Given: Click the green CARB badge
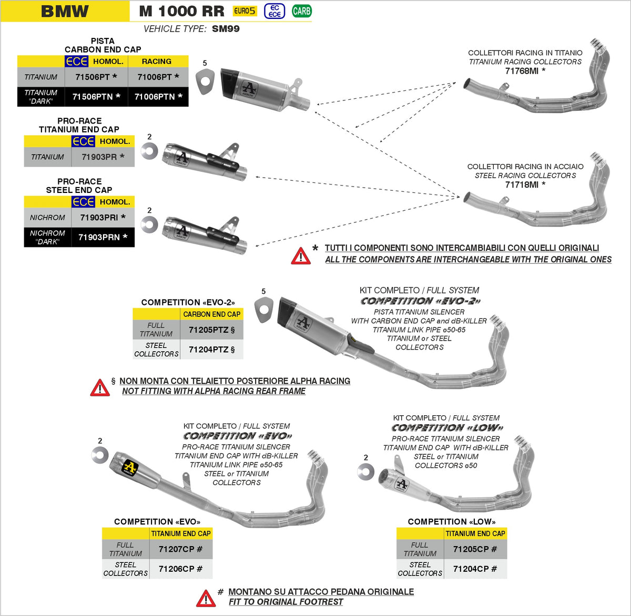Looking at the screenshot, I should coord(301,11).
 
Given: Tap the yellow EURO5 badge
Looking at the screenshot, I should coord(245,11).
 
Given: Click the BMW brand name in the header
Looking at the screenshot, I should coord(65,11).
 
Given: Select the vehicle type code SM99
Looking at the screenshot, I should coord(226,29).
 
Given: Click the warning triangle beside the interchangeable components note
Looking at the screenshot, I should coord(301,256).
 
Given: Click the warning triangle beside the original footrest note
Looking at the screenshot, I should coord(206,599).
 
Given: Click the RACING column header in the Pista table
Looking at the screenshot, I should coord(156,61).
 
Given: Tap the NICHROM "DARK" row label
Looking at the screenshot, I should coord(47,238).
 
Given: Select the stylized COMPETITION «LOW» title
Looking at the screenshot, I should coord(447,428).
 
